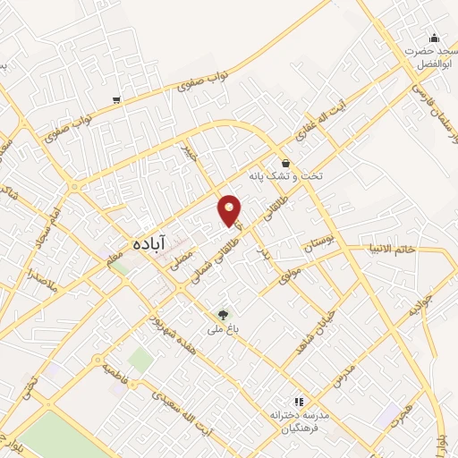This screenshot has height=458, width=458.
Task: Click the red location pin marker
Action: point(231,208)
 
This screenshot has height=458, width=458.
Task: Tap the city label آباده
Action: point(146,242)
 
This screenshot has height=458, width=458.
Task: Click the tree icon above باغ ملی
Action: point(222,314)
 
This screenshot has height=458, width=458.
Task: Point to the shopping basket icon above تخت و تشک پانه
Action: point(285,163)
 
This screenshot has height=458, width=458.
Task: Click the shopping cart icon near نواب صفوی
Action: point(116,99)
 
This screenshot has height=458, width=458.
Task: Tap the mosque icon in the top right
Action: point(434,38)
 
